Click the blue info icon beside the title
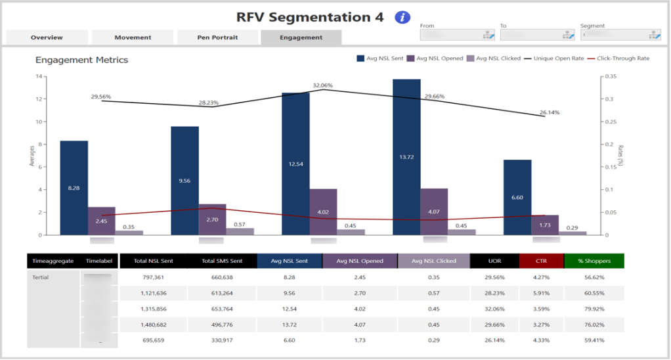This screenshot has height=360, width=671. pyautogui.click(x=402, y=18)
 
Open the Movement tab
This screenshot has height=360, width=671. pyautogui.click(x=133, y=37)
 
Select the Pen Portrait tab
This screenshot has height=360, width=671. pyautogui.click(x=217, y=37)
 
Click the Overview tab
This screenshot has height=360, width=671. pyautogui.click(x=47, y=37)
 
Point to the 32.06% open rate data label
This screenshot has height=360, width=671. pyautogui.click(x=322, y=85)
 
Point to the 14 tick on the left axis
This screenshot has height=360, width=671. pyautogui.click(x=39, y=76)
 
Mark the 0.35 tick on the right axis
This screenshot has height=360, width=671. pyautogui.click(x=610, y=76)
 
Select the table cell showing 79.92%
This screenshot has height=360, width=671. pyautogui.click(x=594, y=309)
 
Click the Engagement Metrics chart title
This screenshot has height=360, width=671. pyautogui.click(x=81, y=60)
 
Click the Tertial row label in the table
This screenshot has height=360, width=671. pyautogui.click(x=41, y=277)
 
